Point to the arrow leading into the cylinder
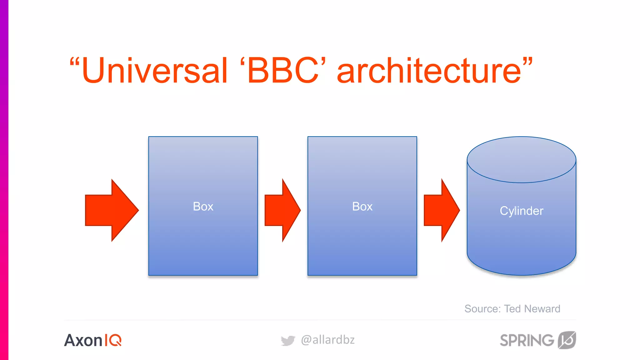pos(441,210)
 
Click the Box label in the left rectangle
pos(203,207)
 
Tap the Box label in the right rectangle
pos(362,207)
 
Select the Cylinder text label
pos(521,211)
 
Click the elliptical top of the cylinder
pos(521,159)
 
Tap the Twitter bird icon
pos(288,340)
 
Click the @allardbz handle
pos(328,340)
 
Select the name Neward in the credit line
pos(542,309)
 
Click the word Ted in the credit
pos(512,309)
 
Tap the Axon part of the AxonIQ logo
pos(83,340)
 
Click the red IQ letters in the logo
pos(113,340)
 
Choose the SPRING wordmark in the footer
pos(527,340)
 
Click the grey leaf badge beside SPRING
pos(567,340)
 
